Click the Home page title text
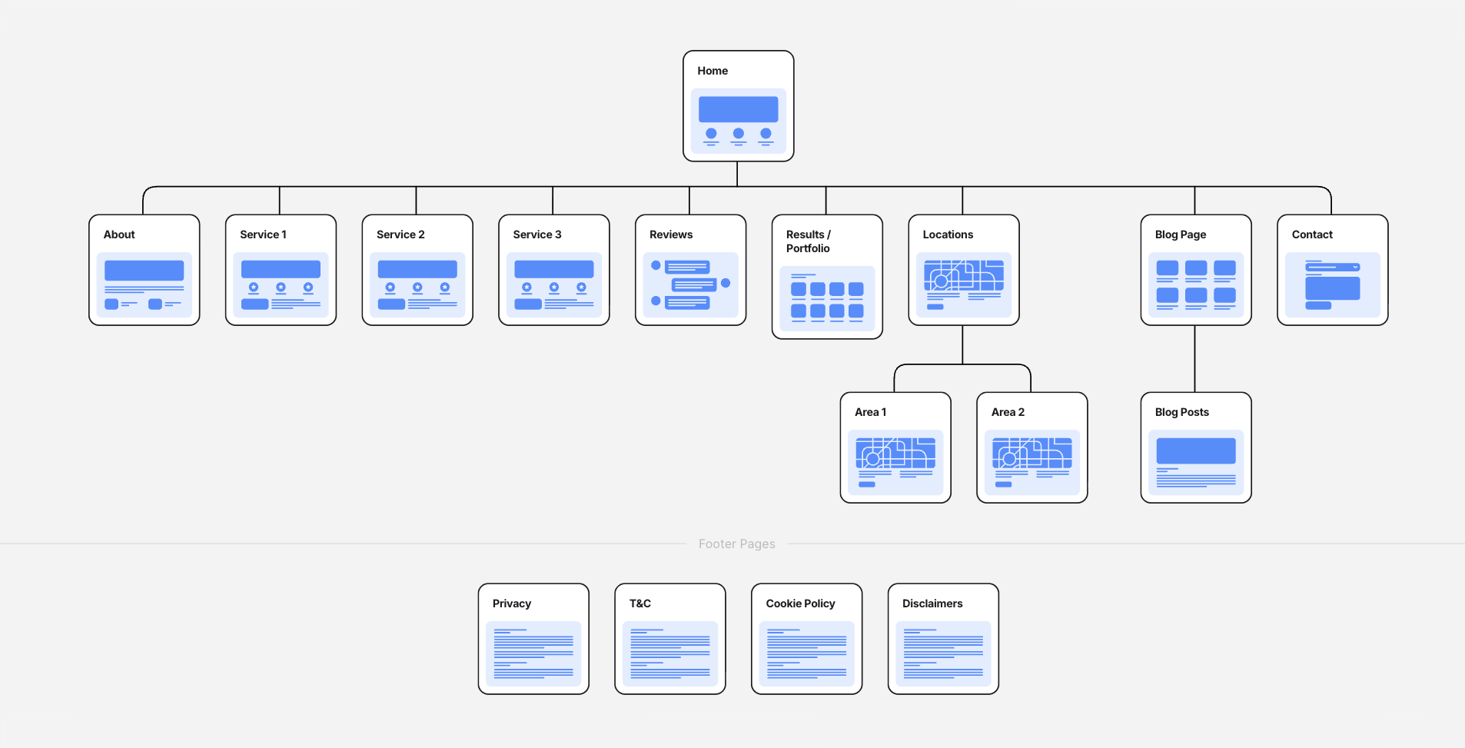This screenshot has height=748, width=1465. (x=713, y=71)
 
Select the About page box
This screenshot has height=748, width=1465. (x=145, y=270)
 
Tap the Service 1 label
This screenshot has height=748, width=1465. (x=263, y=234)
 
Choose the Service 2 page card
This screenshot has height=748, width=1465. (x=417, y=270)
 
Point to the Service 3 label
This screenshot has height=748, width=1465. (x=537, y=234)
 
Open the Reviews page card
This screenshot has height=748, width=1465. (x=690, y=270)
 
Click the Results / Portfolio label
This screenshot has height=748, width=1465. (x=808, y=241)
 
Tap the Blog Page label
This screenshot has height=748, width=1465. (x=1181, y=234)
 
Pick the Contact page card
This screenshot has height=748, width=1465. (x=1332, y=270)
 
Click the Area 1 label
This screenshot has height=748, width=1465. (x=870, y=412)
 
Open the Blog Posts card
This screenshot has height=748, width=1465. (x=1196, y=448)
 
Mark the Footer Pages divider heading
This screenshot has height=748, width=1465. (x=736, y=544)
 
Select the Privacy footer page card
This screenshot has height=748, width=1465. (x=533, y=639)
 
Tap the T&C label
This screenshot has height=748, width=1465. (x=640, y=603)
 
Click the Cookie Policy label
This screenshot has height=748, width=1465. (x=800, y=603)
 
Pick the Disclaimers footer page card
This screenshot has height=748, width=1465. (x=943, y=639)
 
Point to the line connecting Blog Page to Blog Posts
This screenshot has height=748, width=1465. (x=1194, y=358)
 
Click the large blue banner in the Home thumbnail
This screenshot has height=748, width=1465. (x=738, y=109)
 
